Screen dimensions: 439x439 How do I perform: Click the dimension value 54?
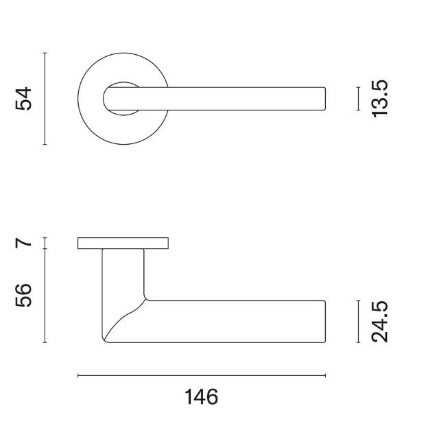(x=24, y=99)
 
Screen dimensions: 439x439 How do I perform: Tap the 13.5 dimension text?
(x=381, y=98)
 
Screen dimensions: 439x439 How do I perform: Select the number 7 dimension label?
(x=25, y=242)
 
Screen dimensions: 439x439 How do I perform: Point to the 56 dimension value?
(x=25, y=296)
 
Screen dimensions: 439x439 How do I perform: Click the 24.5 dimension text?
(x=381, y=320)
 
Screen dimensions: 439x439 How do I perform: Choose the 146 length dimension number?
(x=201, y=396)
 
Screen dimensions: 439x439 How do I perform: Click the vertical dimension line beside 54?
(x=45, y=99)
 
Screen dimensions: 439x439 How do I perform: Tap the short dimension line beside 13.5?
(x=358, y=98)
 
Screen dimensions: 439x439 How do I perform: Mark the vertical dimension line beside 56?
(x=45, y=296)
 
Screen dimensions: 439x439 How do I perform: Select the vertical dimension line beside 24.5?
(x=358, y=320)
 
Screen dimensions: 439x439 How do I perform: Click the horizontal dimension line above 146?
(x=201, y=375)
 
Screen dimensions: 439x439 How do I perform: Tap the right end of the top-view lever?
(x=324, y=98)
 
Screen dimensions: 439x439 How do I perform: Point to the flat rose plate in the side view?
(x=123, y=243)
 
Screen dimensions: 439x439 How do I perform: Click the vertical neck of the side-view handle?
(x=123, y=274)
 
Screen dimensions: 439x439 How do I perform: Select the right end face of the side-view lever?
(x=324, y=320)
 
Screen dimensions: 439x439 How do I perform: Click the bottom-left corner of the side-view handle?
(x=104, y=339)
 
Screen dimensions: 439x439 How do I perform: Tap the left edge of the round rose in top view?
(x=78, y=98)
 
